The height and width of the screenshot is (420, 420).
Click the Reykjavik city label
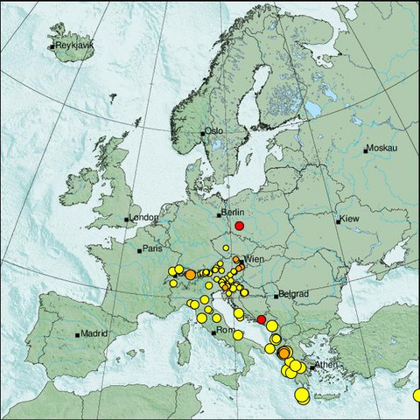click(x=73, y=45)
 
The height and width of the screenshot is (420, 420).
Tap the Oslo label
click(x=214, y=131)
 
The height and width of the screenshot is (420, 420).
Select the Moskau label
click(x=381, y=149)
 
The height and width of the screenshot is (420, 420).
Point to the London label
click(x=143, y=218)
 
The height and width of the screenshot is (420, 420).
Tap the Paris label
click(x=154, y=248)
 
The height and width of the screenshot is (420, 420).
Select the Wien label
click(x=254, y=260)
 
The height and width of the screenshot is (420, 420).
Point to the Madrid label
click(x=94, y=332)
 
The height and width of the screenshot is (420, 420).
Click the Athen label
click(x=326, y=365)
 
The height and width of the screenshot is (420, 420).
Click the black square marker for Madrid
click(x=78, y=334)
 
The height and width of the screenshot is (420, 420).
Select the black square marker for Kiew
click(x=339, y=221)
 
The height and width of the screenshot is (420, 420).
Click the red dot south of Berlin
click(x=240, y=226)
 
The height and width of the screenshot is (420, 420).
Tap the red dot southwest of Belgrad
click(x=261, y=320)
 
